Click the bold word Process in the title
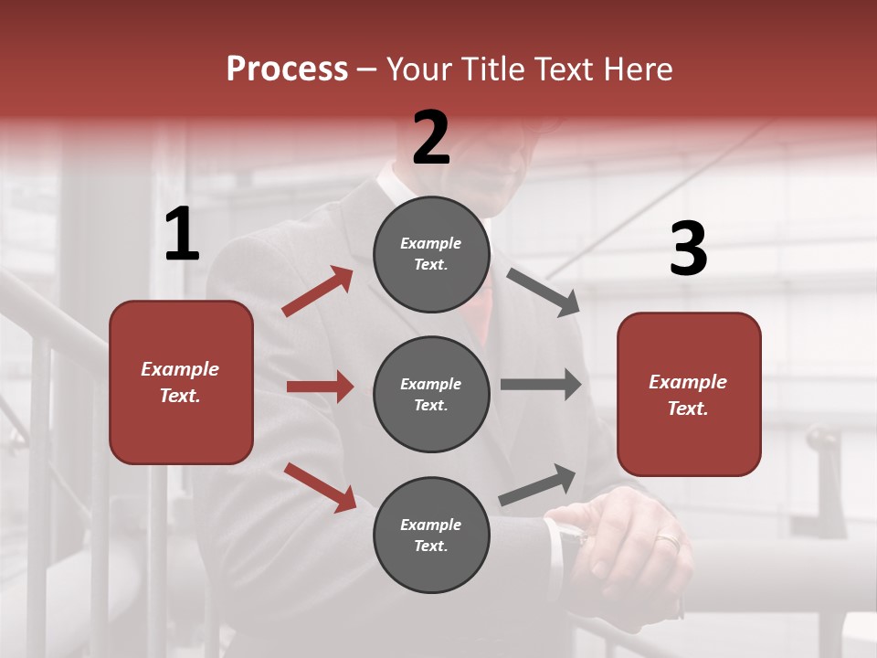click(x=287, y=69)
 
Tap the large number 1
click(x=182, y=235)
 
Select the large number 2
click(x=431, y=138)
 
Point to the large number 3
click(x=688, y=249)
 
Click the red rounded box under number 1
click(x=181, y=382)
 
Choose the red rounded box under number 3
click(x=689, y=394)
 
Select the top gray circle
click(x=431, y=254)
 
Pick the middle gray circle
click(x=431, y=394)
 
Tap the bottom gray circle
click(x=431, y=535)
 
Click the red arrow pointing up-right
click(x=318, y=292)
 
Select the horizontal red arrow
click(x=320, y=387)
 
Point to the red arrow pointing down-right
click(x=320, y=487)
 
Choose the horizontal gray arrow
click(x=540, y=384)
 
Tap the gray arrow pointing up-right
click(x=537, y=485)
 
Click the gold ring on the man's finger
click(x=668, y=541)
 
